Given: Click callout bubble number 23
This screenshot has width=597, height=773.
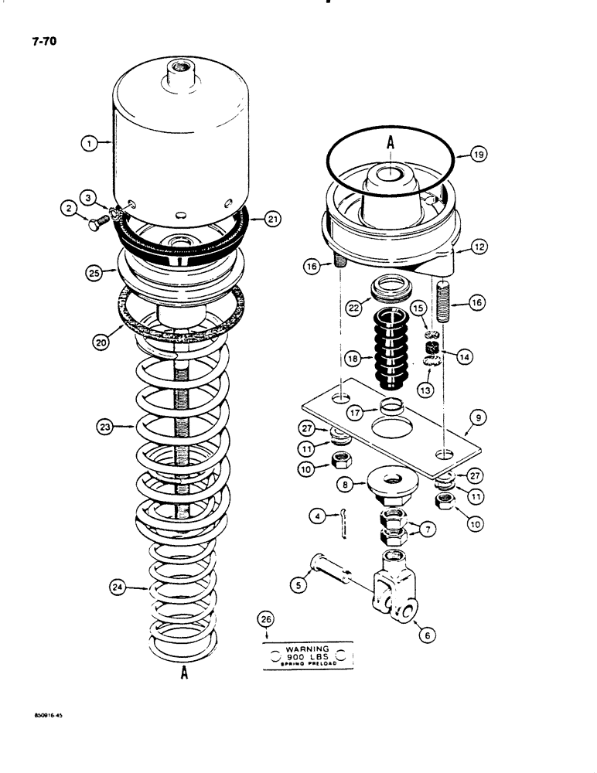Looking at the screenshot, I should point(104,426).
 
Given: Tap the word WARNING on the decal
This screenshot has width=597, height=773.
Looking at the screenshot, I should point(308,649).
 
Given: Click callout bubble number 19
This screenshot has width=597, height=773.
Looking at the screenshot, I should point(478,155).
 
